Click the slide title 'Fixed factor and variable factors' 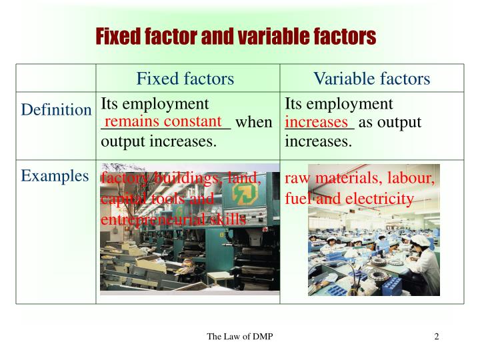coord(236,35)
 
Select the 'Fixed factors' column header coord(185,79)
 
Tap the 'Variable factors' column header coord(372,79)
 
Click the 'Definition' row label coord(56,110)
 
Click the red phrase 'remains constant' coord(163,121)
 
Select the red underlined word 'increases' coord(317,123)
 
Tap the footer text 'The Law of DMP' coord(239,336)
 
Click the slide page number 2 coord(437,336)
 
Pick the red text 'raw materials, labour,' coord(360,179)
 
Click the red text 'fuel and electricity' coord(349,199)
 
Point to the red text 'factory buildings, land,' coord(180,178)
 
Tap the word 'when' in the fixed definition coord(254,123)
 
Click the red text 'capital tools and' coord(157,199)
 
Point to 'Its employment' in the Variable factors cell coord(339,104)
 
